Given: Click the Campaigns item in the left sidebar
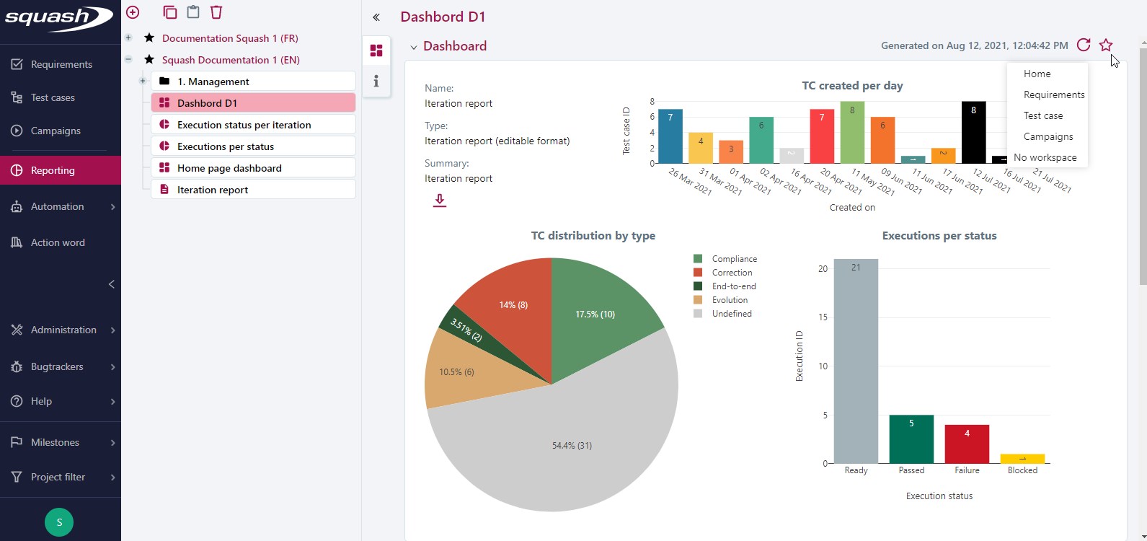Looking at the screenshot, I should [x=55, y=131].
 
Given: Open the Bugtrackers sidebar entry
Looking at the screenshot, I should [x=57, y=366].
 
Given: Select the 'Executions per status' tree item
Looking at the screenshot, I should [x=225, y=146].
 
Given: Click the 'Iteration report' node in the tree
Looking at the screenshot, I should [x=212, y=190].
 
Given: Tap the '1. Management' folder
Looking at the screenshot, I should [x=213, y=82].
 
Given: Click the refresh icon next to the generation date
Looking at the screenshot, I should [x=1083, y=45].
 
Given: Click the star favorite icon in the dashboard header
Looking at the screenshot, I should [x=1106, y=45].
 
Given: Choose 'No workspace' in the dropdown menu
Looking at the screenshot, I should [x=1045, y=157].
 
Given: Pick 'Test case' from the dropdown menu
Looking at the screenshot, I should [x=1042, y=115].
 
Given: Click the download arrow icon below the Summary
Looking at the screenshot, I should [x=439, y=201].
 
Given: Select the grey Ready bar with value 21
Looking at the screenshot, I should [x=856, y=361].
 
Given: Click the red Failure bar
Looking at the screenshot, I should [x=967, y=444].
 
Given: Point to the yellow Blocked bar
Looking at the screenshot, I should [x=1022, y=459].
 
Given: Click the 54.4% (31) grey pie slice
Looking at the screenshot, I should [x=562, y=447].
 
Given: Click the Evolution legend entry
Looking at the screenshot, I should [x=729, y=300].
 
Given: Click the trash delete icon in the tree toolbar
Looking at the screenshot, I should [x=216, y=12].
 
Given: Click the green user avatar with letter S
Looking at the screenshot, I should [x=59, y=522].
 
